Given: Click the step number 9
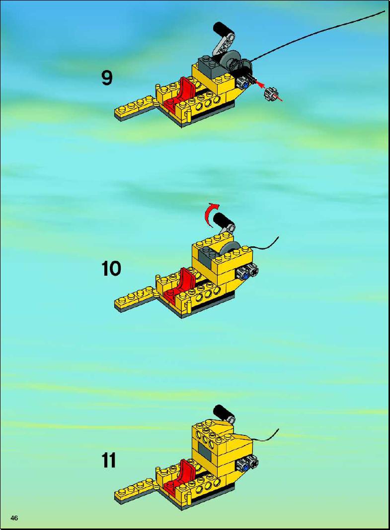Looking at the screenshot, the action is [107, 78].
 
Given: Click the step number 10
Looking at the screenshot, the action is [111, 269].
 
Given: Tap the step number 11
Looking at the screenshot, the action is [109, 460].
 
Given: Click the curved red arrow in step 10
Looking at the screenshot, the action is [212, 212].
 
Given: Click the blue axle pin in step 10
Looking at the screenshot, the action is [245, 276].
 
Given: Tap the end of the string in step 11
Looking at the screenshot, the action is [279, 429].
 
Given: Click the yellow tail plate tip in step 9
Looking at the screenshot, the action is [117, 112].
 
